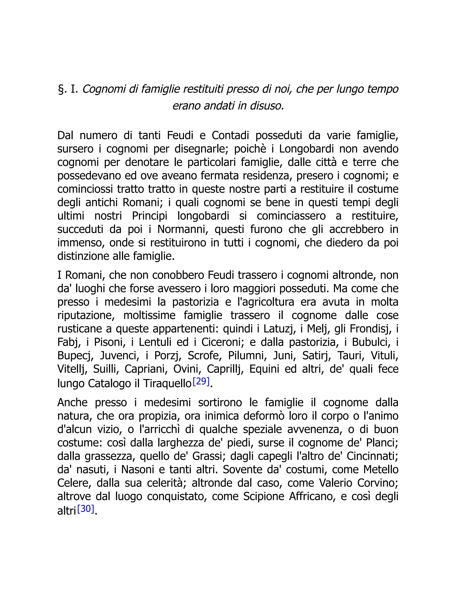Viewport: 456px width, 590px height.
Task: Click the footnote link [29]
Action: coord(201,381)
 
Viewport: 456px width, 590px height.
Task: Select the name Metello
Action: coord(381,470)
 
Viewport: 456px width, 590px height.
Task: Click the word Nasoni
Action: coord(138,470)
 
